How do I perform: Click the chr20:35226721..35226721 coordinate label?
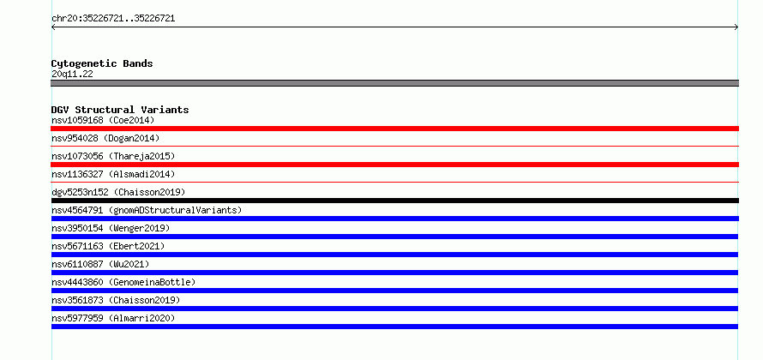[x=113, y=19]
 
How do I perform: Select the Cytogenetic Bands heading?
[x=102, y=63]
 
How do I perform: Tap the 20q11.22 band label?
[x=72, y=75]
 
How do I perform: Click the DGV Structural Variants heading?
[x=120, y=110]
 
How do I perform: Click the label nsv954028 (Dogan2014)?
[x=105, y=138]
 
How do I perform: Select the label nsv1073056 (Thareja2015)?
[x=113, y=156]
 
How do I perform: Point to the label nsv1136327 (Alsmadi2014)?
[x=113, y=174]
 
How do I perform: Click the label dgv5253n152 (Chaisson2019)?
[x=118, y=192]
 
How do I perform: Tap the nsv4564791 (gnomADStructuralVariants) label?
[x=147, y=210]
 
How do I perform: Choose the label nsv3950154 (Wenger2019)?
[x=111, y=228]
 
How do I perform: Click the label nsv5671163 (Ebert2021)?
[x=108, y=246]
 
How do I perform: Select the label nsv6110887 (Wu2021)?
[x=100, y=264]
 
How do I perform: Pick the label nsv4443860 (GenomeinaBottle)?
[x=123, y=282]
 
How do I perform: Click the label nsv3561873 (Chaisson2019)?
[x=116, y=300]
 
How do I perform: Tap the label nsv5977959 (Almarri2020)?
[x=113, y=318]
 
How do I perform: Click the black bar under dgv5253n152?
[x=394, y=201]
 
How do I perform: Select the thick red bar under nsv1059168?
[x=394, y=129]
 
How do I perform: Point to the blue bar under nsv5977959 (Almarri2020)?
[x=394, y=327]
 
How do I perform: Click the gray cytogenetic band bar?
[x=394, y=83]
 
